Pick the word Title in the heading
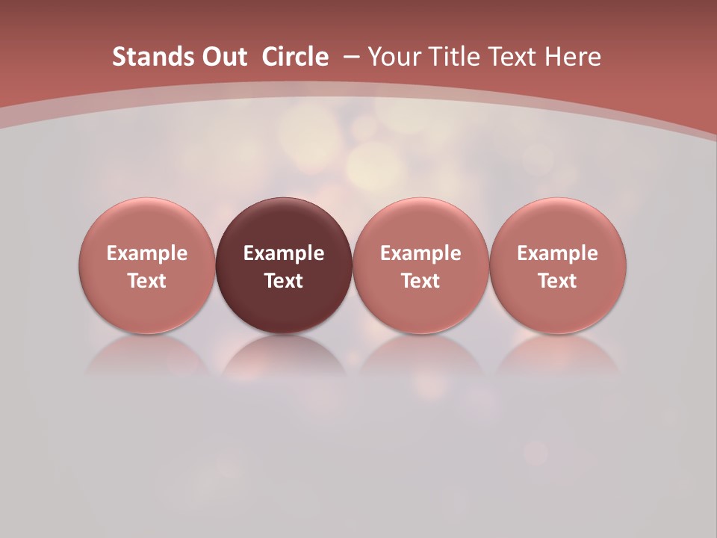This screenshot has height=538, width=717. tap(454, 57)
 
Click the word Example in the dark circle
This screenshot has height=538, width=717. tap(284, 253)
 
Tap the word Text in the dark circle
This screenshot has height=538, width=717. tap(284, 281)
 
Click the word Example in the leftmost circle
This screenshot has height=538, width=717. tap(147, 253)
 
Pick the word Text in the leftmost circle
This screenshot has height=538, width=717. tap(147, 281)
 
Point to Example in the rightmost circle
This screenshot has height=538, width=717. tap(558, 253)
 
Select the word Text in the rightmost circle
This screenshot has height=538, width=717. tap(558, 281)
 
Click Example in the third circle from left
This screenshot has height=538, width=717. tap(420, 253)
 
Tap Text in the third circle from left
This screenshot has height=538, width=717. tap(420, 281)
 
